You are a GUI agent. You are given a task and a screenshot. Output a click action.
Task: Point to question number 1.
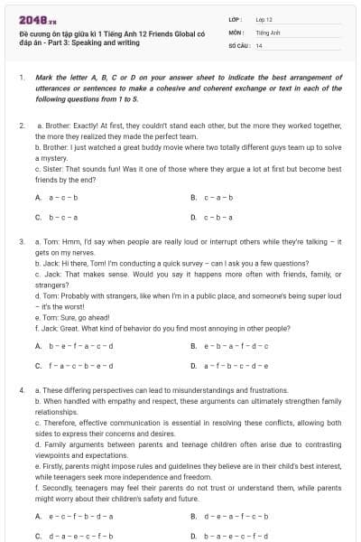point(21,79)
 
